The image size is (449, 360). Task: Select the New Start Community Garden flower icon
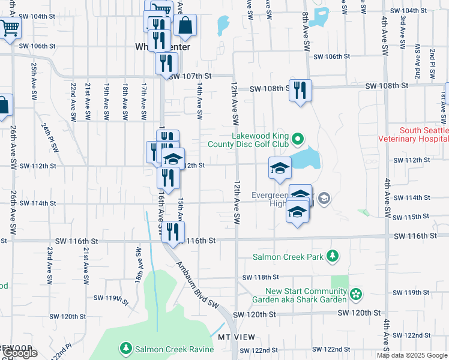click(x=357, y=294)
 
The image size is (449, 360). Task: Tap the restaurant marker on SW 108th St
click(x=300, y=91)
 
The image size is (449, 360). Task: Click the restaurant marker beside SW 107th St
click(x=166, y=64)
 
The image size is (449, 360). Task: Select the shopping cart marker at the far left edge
click(x=8, y=28)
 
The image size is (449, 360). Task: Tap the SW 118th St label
click(x=261, y=277)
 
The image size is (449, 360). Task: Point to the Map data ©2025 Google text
click(x=412, y=355)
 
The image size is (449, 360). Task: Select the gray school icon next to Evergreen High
click(x=324, y=198)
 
